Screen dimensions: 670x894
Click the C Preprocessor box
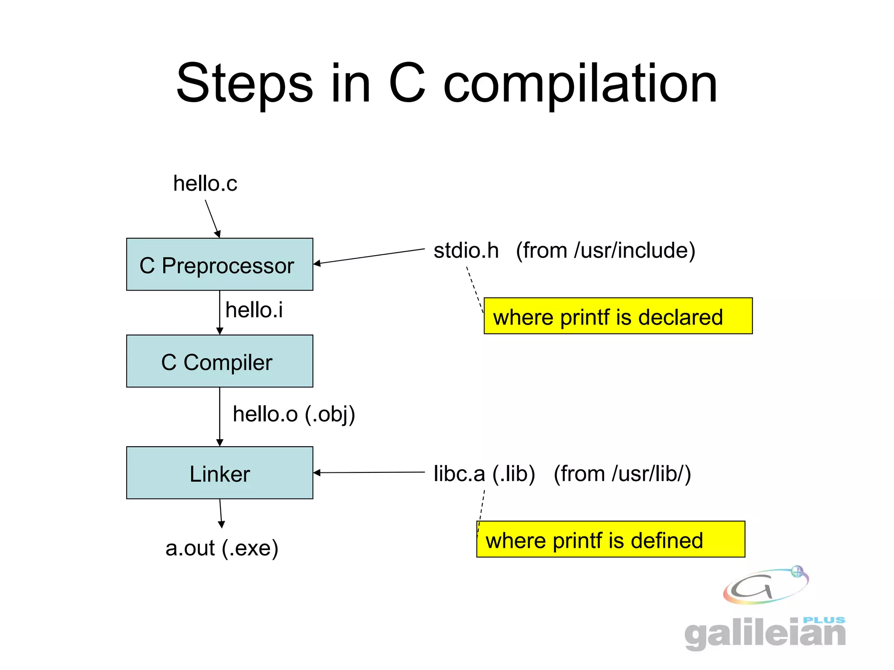(220, 264)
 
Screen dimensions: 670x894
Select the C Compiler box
(220, 361)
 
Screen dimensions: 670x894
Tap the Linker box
(220, 473)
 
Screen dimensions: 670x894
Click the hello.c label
(205, 183)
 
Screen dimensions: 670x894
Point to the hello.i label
(254, 310)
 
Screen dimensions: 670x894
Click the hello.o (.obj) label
(294, 414)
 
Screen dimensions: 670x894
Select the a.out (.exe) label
(222, 548)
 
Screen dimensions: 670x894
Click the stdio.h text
(466, 250)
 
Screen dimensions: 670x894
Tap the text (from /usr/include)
(605, 250)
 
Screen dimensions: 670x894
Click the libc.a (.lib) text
(484, 474)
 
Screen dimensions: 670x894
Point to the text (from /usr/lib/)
(622, 474)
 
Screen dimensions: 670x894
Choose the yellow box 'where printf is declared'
(618, 316)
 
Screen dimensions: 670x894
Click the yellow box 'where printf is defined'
(610, 539)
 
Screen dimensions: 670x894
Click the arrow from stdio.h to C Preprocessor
(369, 256)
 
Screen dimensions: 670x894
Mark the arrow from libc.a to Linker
(369, 472)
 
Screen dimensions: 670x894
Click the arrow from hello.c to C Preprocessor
(212, 218)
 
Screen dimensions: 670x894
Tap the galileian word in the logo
(765, 633)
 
